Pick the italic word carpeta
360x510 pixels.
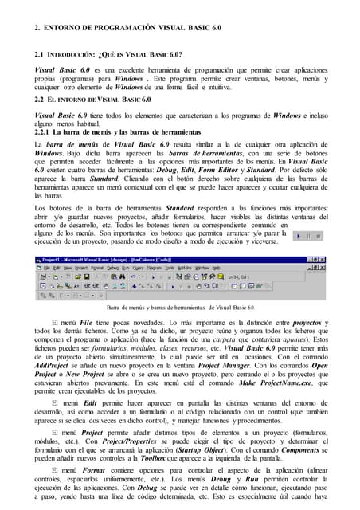233,341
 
